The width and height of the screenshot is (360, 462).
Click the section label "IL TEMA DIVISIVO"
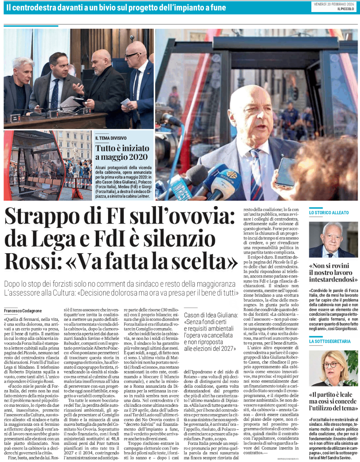pos(111,138)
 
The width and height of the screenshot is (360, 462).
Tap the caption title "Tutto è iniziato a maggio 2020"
pos(122,152)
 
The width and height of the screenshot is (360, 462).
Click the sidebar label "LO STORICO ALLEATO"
pos(329,213)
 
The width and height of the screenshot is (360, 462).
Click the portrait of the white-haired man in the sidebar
pos(333,240)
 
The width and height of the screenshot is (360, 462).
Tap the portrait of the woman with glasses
pos(333,368)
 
